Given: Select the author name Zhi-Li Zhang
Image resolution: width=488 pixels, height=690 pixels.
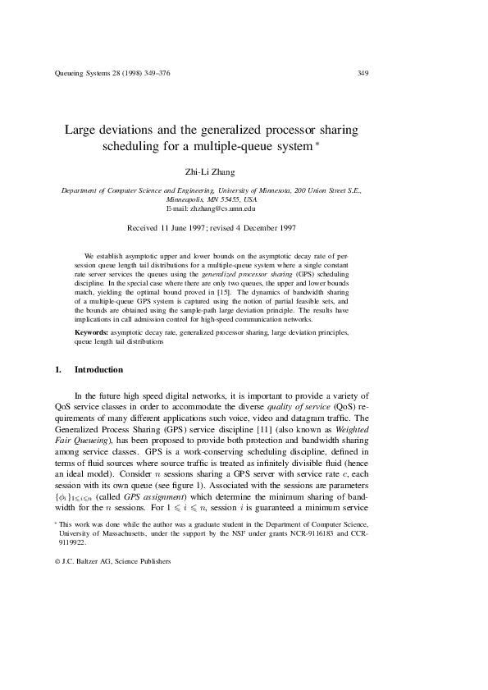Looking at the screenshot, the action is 212,171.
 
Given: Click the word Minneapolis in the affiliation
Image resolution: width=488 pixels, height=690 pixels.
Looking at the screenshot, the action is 190,199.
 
